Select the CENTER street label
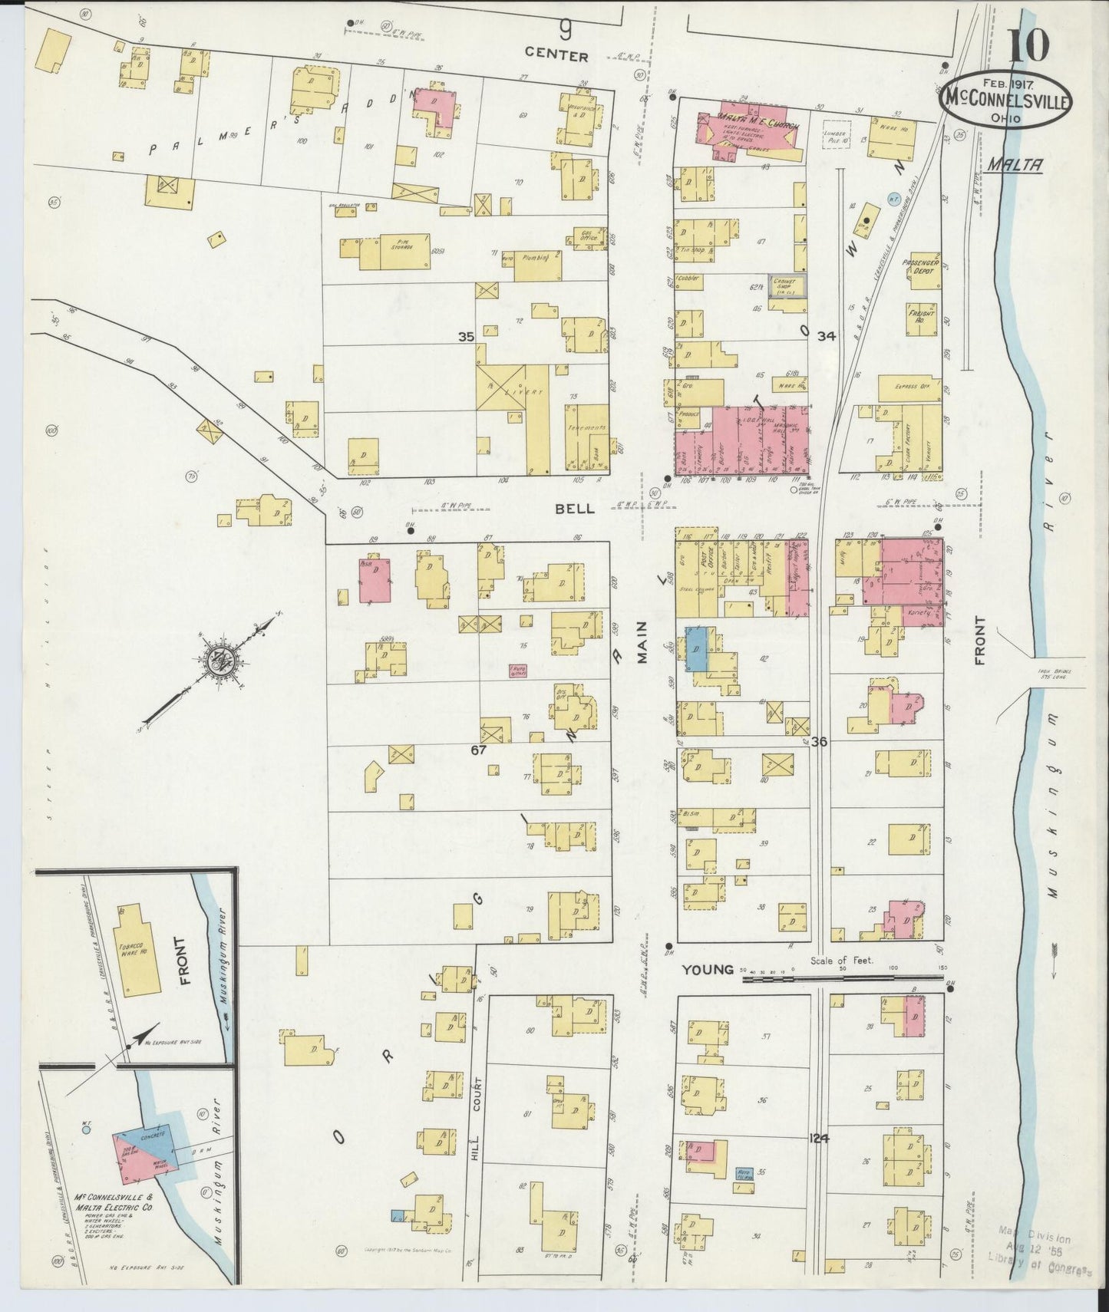(x=557, y=56)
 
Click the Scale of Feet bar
(x=841, y=978)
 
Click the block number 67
(x=478, y=750)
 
